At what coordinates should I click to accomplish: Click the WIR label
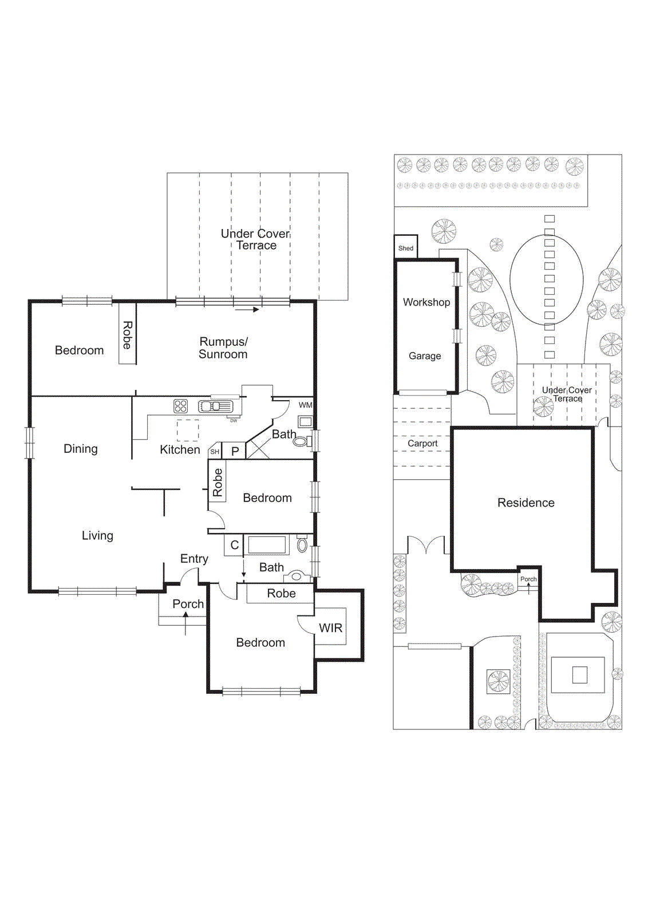331,628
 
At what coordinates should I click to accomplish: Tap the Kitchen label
180,450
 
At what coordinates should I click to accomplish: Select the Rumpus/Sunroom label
223,348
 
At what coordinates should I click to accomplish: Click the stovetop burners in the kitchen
180,406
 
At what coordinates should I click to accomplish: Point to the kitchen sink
216,406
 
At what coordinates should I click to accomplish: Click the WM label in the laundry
306,405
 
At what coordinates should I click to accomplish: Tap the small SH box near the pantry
215,452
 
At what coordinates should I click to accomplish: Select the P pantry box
235,451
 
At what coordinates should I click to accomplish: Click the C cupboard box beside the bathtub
234,545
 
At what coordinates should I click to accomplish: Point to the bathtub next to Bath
267,544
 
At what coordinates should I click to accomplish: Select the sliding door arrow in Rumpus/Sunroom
247,310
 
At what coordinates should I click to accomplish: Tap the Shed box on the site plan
406,248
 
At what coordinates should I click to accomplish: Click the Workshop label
426,302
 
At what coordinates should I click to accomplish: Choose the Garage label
425,356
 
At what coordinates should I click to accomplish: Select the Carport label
422,444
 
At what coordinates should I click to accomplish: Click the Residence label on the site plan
525,503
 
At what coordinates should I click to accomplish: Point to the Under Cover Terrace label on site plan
567,394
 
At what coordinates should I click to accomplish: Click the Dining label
81,449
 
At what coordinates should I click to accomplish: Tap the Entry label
194,559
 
